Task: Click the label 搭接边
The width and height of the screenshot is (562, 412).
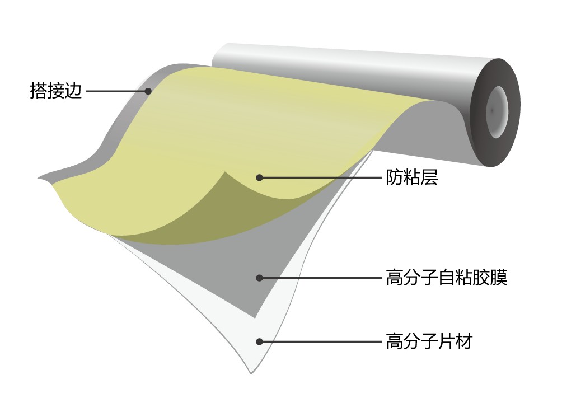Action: coord(56,91)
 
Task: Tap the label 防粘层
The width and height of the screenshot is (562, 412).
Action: coord(412,177)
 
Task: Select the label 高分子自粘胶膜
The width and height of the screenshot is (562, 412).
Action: coord(447,278)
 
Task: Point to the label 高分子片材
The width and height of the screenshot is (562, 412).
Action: coord(429,341)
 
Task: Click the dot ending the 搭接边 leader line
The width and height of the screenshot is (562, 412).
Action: coord(148,91)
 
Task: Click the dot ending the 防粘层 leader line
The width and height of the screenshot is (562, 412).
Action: coord(260,177)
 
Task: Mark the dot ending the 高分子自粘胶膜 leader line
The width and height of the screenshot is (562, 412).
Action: coord(260,278)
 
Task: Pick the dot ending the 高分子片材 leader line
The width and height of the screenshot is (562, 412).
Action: coord(260,341)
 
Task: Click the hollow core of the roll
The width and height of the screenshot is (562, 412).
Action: coord(497,111)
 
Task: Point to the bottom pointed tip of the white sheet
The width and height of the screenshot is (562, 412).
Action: coord(251,373)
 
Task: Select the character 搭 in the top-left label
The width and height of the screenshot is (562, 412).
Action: coord(39,91)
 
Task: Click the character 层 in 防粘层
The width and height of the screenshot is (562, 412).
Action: coord(429,177)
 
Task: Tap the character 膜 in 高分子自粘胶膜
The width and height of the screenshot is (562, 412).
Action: coord(499,278)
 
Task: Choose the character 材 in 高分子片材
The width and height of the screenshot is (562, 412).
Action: coord(464,341)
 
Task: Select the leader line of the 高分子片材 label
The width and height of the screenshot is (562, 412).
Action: coord(321,341)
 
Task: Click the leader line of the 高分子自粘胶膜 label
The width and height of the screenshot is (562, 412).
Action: coord(321,278)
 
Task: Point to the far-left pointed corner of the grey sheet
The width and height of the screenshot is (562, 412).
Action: coord(38,178)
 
